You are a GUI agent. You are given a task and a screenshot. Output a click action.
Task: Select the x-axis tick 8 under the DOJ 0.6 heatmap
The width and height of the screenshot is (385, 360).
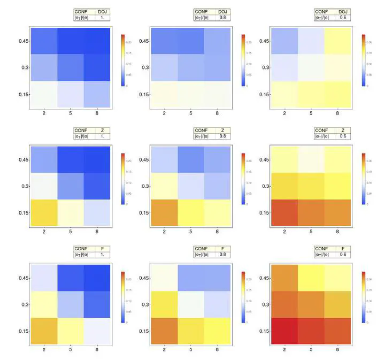click(x=337, y=114)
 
